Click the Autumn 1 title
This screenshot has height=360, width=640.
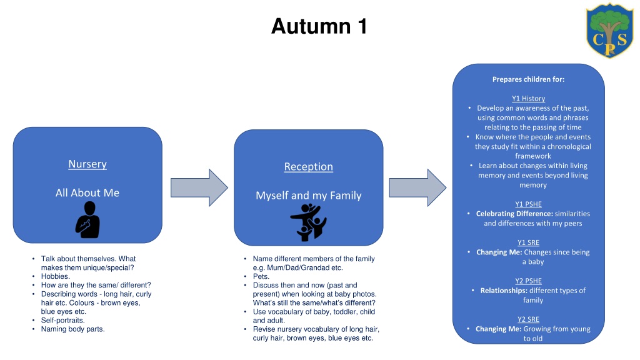319,26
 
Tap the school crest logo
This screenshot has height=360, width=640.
610,30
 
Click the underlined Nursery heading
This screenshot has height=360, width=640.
87,164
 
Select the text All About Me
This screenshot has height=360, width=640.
87,192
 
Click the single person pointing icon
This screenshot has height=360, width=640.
87,220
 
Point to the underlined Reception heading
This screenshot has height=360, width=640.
309,167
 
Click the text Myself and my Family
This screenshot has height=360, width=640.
309,196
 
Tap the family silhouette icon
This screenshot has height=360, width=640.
309,222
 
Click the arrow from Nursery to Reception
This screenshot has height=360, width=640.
199,187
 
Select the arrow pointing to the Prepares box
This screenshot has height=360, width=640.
417,187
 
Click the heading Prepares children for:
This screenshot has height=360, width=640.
529,79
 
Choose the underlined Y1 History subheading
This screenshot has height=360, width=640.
529,98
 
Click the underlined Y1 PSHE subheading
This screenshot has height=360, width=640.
529,204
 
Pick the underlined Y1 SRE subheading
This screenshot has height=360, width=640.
529,242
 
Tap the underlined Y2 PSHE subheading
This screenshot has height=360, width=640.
529,281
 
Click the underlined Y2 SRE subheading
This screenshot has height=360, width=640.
529,319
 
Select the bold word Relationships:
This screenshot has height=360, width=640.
504,291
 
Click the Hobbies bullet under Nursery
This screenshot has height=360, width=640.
56,276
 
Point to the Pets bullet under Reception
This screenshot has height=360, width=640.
261,276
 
